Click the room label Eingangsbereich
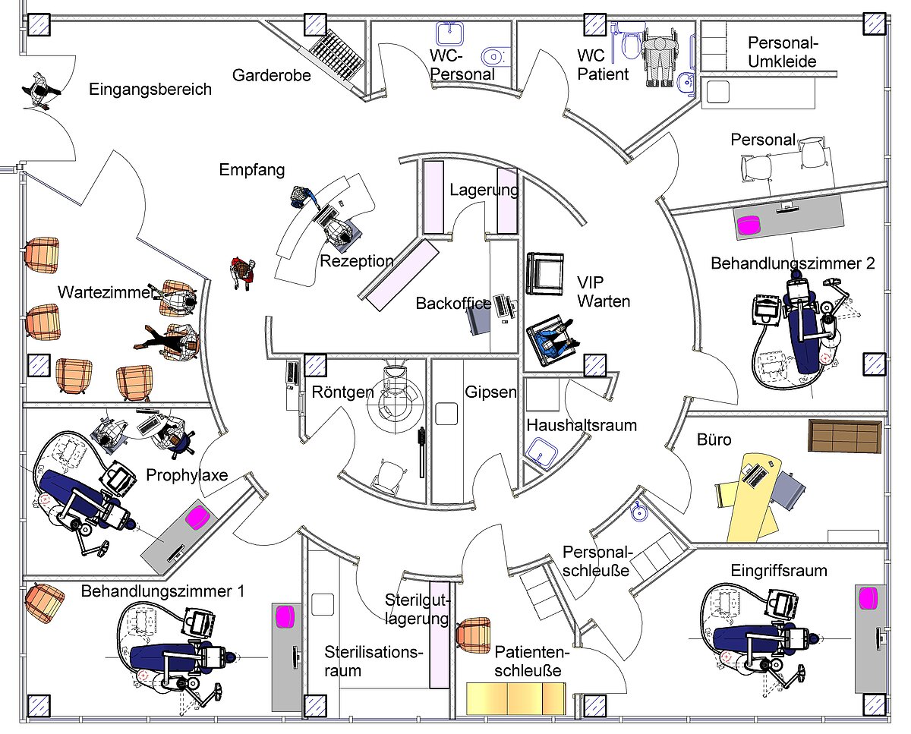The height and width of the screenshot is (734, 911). [150, 90]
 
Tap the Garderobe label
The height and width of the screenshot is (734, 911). [272, 75]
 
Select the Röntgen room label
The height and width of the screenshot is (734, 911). [343, 392]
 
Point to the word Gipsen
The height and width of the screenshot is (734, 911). [491, 392]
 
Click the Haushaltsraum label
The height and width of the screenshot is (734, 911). [582, 425]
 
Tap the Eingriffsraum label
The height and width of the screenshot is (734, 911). [779, 570]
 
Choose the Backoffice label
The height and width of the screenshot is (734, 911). [453, 304]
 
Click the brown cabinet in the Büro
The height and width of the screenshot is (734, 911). [844, 436]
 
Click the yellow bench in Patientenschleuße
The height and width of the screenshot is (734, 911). [516, 697]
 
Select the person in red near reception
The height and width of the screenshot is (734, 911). [242, 271]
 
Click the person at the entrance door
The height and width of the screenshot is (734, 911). [39, 90]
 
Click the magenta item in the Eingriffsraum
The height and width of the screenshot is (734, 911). [868, 597]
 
